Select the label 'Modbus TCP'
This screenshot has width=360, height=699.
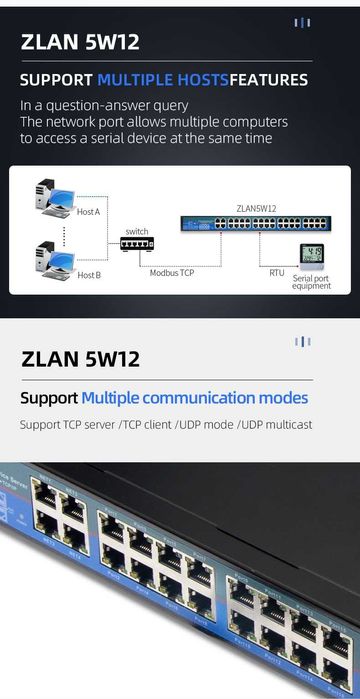[172, 272]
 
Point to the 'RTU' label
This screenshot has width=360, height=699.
[277, 272]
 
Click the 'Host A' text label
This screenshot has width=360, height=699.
[89, 212]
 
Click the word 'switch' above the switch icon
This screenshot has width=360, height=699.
[136, 230]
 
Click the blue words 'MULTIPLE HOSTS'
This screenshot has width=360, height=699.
[163, 80]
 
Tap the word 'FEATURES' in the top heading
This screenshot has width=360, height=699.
[269, 80]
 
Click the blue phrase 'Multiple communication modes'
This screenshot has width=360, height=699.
[195, 398]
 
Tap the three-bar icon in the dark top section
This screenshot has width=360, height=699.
[302, 22]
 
